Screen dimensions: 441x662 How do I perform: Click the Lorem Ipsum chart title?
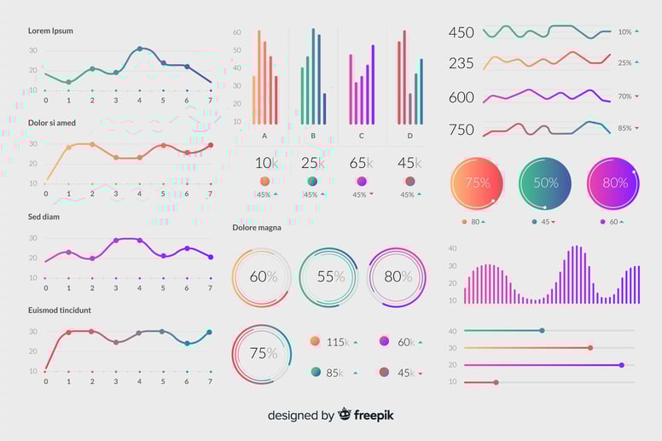50,31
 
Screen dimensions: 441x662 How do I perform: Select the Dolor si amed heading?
52,123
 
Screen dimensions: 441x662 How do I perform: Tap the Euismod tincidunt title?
60,310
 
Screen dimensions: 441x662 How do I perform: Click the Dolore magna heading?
257,228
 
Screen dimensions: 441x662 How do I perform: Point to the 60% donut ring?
262,277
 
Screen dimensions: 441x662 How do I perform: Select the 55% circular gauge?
328,277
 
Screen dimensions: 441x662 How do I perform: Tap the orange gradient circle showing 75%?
478,183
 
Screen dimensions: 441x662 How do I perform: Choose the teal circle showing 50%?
545,183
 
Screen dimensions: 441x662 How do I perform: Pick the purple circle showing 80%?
614,183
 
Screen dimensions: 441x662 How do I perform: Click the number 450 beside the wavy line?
461,32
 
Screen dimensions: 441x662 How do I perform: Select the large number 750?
461,130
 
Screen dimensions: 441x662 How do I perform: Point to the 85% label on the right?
625,129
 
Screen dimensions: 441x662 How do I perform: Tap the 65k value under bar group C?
362,163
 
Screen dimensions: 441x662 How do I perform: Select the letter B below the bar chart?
313,136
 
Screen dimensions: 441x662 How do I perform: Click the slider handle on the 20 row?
621,365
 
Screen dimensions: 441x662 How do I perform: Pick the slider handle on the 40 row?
542,330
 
